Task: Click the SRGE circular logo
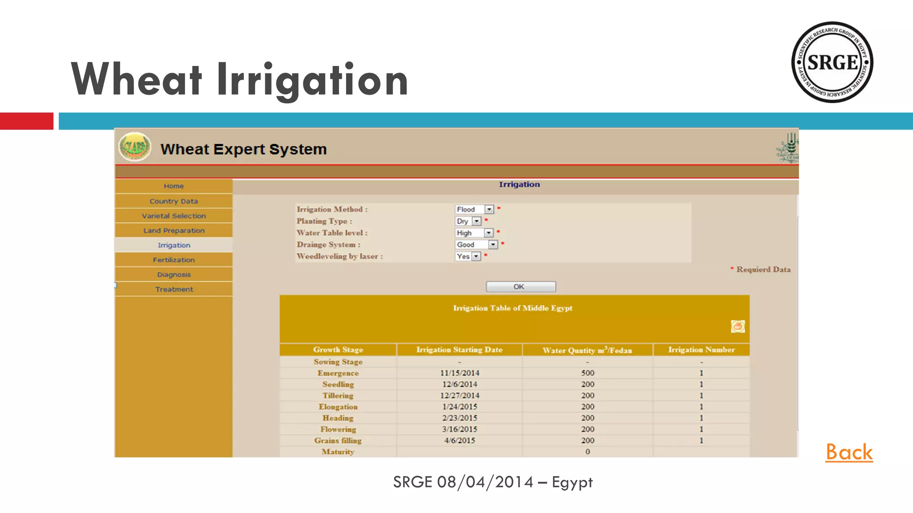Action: pos(832,62)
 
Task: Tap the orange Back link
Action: pos(849,452)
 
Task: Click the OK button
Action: pos(520,287)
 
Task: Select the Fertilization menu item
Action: pos(173,260)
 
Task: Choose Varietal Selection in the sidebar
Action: pos(173,216)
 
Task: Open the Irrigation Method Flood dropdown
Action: pos(489,209)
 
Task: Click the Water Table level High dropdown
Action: pos(489,233)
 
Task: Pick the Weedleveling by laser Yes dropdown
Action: pos(476,256)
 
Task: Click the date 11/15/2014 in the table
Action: pos(460,373)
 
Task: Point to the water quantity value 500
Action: pos(588,373)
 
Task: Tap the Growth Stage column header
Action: pos(338,350)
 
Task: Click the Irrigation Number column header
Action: pos(701,350)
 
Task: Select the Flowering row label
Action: pos(338,429)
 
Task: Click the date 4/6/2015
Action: pos(460,440)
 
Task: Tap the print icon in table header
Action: pos(737,326)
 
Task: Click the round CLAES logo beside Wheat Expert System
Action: pos(135,147)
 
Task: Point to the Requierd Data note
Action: pos(763,269)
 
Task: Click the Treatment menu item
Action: pos(173,289)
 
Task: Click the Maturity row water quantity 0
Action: pos(588,452)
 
